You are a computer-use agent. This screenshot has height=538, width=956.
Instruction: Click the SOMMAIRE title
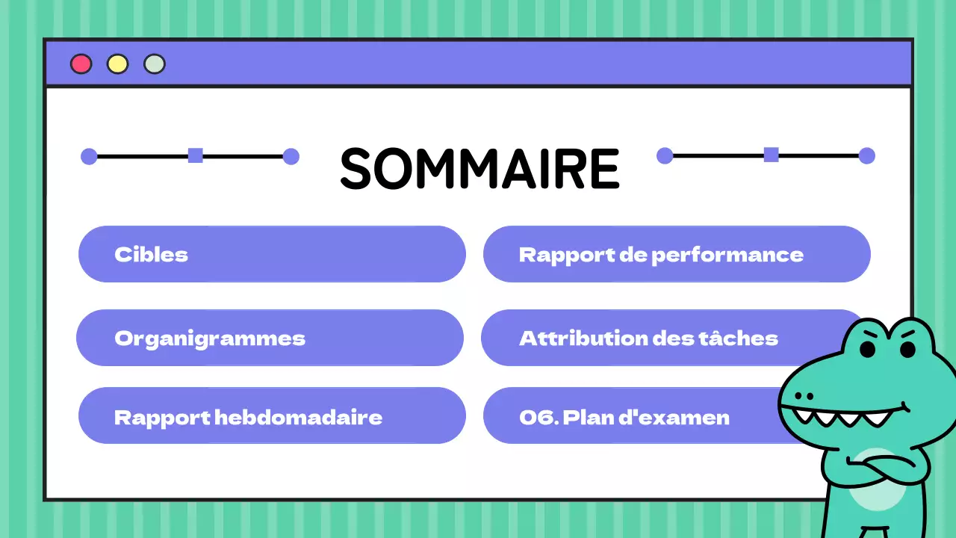pyautogui.click(x=479, y=169)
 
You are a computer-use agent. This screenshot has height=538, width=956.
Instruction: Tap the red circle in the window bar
pyautogui.click(x=81, y=64)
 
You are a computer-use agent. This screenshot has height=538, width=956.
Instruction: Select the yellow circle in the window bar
pyautogui.click(x=117, y=64)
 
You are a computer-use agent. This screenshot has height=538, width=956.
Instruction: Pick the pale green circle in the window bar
pyautogui.click(x=155, y=64)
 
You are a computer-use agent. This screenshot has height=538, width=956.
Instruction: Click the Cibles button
pyautogui.click(x=272, y=254)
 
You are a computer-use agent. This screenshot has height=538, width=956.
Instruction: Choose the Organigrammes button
pyautogui.click(x=270, y=338)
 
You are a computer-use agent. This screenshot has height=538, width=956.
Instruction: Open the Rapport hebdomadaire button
pyautogui.click(x=272, y=416)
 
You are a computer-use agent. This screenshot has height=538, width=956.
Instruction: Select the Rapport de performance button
pyautogui.click(x=676, y=254)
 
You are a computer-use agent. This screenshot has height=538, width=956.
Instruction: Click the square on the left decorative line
pyautogui.click(x=195, y=155)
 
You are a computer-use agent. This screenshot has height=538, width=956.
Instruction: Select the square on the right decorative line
pyautogui.click(x=771, y=155)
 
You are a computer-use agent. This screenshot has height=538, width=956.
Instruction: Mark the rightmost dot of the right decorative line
pyautogui.click(x=866, y=155)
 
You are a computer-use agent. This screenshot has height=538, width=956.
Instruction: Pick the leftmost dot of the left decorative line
pyautogui.click(x=89, y=156)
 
